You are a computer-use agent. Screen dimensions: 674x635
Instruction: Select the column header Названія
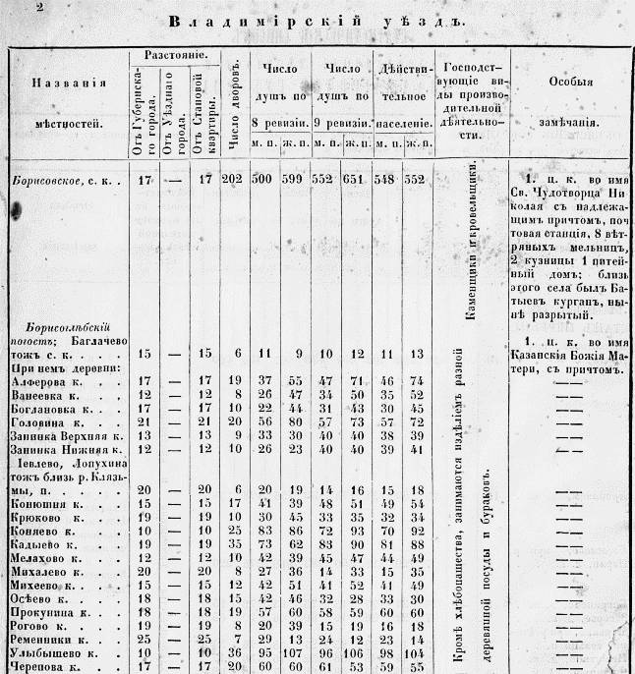(x=65, y=84)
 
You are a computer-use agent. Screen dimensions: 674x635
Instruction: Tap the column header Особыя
(x=570, y=86)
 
